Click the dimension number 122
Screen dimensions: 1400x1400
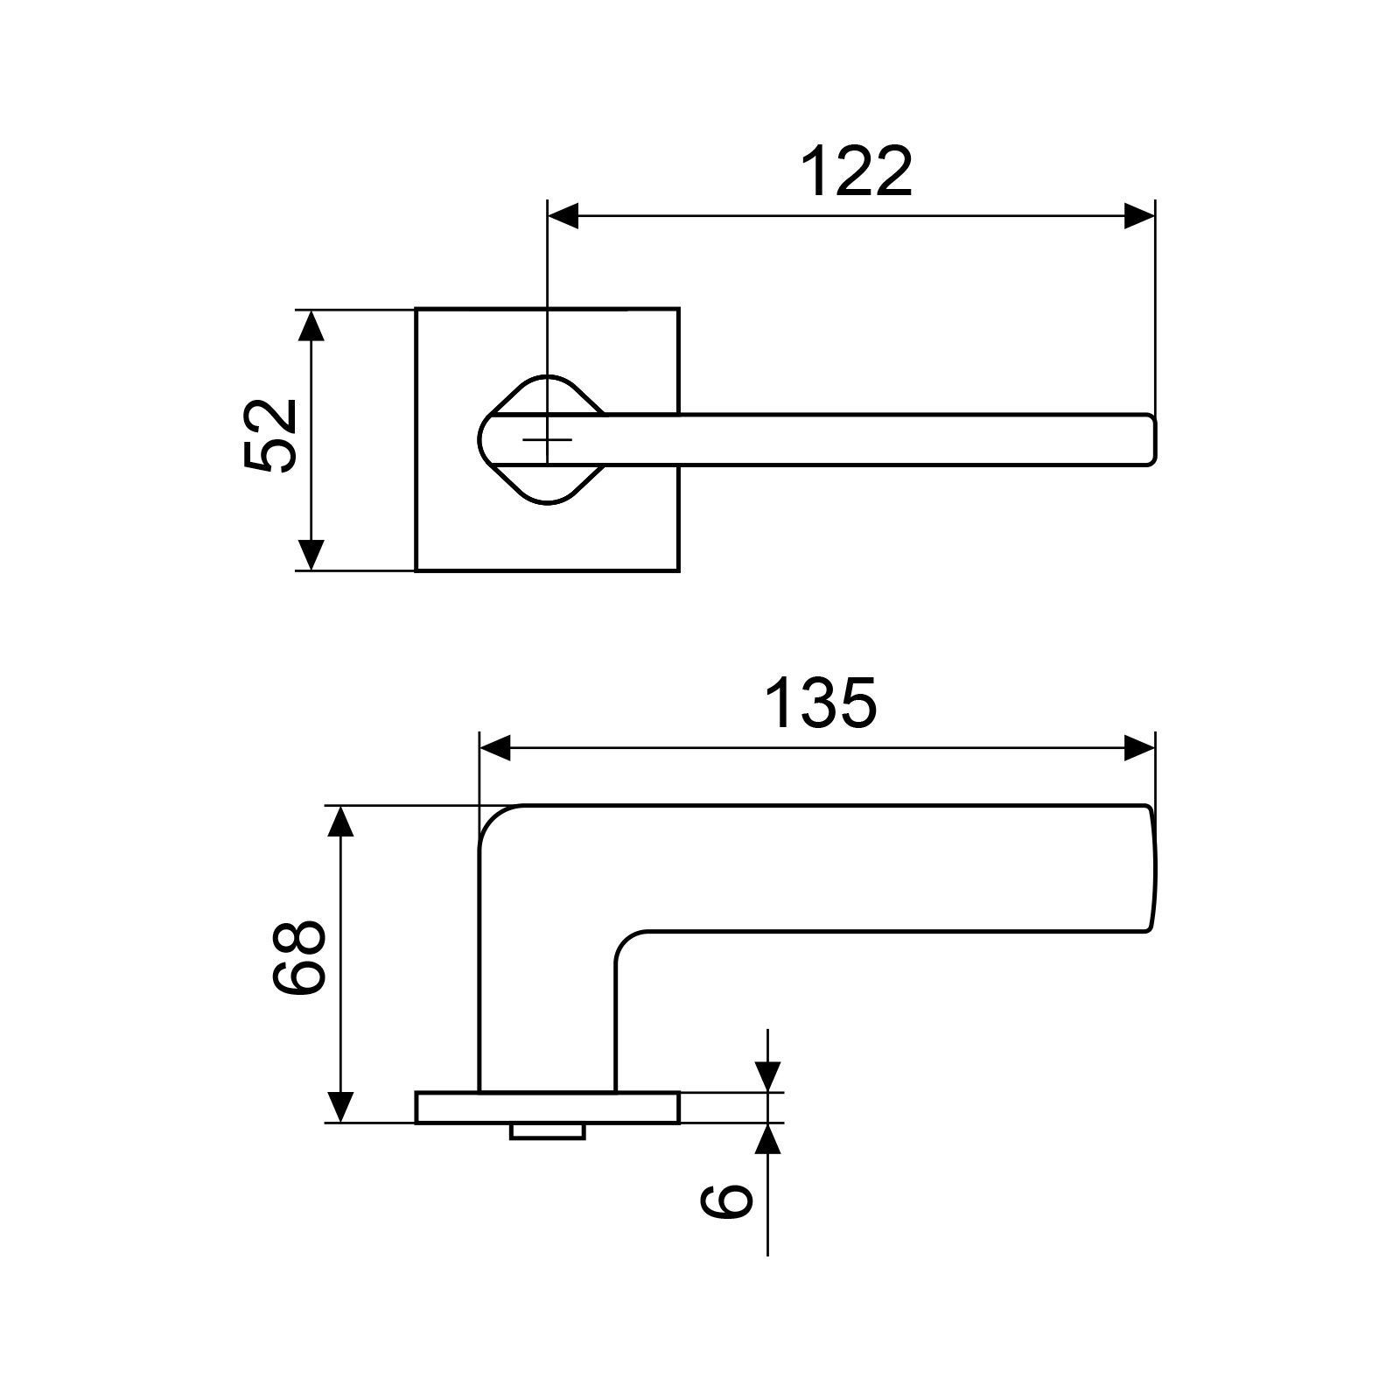(x=857, y=172)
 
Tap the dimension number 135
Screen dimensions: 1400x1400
(x=820, y=703)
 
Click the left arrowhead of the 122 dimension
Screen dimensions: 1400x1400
(x=563, y=216)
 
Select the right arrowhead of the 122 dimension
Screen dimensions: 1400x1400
(x=1139, y=216)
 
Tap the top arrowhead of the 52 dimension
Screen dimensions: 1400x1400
(x=311, y=325)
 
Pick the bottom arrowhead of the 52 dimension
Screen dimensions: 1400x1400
(x=311, y=555)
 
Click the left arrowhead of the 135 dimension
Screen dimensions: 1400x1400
(x=495, y=748)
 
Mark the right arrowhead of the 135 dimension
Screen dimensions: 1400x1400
(x=1139, y=748)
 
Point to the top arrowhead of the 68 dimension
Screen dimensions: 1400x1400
(x=341, y=822)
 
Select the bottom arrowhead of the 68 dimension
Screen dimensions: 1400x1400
(x=341, y=1107)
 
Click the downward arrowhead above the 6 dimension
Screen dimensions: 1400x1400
(x=767, y=1077)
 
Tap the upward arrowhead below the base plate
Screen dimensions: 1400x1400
(x=767, y=1137)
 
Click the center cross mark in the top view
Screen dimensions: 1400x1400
(x=548, y=439)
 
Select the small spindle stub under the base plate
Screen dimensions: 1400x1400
(x=548, y=1131)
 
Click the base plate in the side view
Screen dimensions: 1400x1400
(x=547, y=1107)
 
